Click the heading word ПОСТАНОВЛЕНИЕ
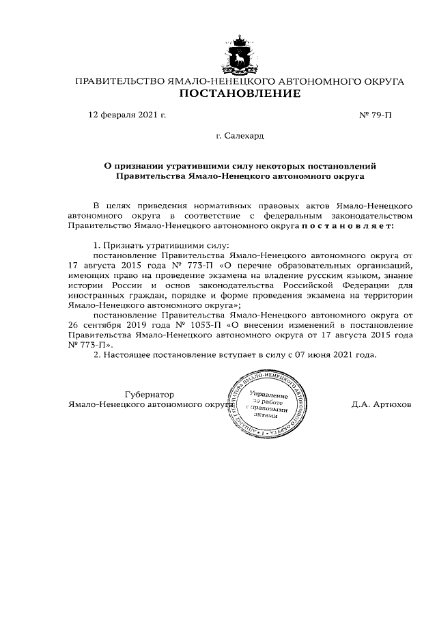pos(239,94)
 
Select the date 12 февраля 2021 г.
pos(128,115)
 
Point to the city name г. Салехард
pos(240,137)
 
